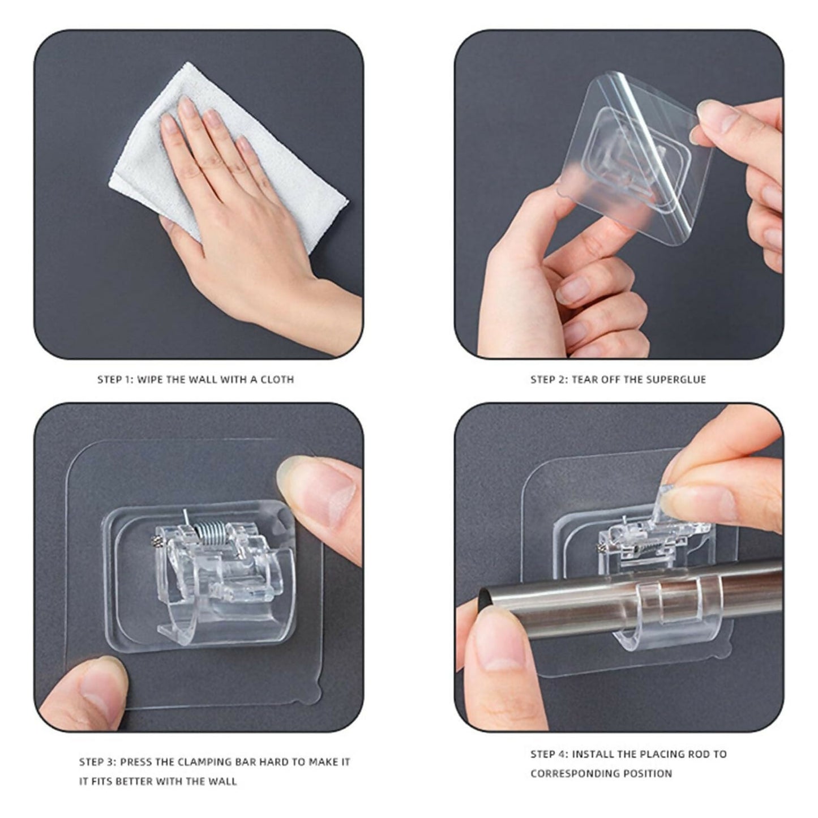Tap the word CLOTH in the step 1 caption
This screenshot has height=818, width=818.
[x=277, y=379]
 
